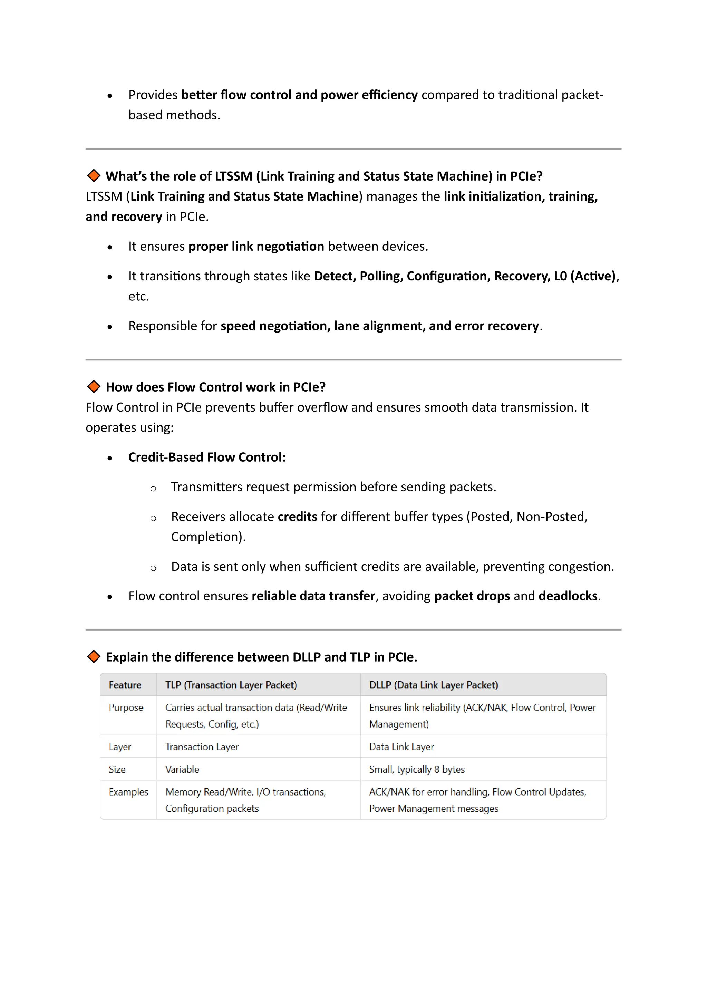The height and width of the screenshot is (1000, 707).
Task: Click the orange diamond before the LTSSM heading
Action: tap(94, 176)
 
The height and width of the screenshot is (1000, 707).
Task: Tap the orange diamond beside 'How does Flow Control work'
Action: tap(94, 386)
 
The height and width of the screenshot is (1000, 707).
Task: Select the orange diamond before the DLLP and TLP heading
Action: tap(94, 656)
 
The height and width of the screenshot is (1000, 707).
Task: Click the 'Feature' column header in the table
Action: tap(125, 685)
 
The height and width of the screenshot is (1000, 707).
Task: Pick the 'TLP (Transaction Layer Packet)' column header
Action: tap(231, 685)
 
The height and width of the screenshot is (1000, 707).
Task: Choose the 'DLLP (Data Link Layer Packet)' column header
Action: tap(433, 685)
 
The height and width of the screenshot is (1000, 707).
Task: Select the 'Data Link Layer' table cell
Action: tap(401, 747)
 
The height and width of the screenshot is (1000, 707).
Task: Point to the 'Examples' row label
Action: tap(128, 792)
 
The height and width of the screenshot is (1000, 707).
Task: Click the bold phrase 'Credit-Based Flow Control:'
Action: tap(207, 457)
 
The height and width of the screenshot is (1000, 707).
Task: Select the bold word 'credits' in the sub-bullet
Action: tap(297, 517)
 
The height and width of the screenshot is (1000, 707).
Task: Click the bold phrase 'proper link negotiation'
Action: tap(256, 246)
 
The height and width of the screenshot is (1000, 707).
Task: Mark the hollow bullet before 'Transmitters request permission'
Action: tap(153, 489)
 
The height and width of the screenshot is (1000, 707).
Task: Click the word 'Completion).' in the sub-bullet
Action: tap(208, 537)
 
